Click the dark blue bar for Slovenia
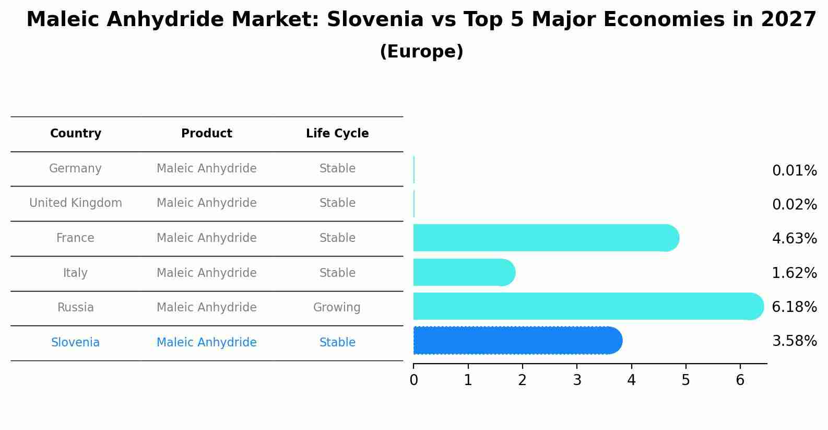[x=517, y=341]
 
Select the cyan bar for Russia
[x=587, y=306]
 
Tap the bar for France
[x=546, y=238]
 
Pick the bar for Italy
[x=464, y=272]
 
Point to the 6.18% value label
[x=794, y=307]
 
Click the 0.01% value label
[x=794, y=171]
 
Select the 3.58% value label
[x=794, y=341]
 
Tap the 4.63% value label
[x=794, y=239]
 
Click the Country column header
[x=76, y=134]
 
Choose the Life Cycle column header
[x=337, y=134]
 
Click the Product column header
[x=207, y=134]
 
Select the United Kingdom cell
[x=76, y=203]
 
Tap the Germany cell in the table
[x=76, y=169]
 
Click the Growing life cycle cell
[x=337, y=308]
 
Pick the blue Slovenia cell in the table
[x=76, y=343]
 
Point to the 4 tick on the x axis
[x=631, y=380]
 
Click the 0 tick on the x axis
[x=413, y=380]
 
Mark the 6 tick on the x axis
[x=740, y=380]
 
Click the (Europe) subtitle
[x=421, y=52]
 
